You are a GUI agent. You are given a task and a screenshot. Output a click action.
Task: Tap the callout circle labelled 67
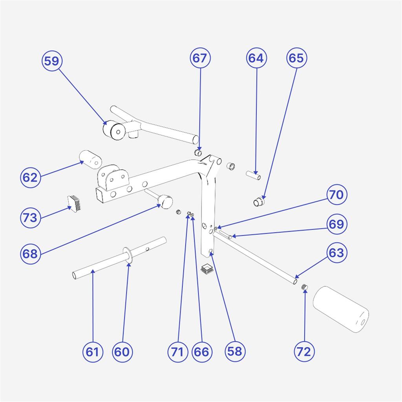[201, 58]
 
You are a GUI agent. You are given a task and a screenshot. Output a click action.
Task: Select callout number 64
[256, 58]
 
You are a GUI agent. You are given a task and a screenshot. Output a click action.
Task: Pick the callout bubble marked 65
[296, 58]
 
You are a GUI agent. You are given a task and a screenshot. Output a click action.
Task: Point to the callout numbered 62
[30, 177]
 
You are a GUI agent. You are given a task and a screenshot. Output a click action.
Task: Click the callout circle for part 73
[30, 217]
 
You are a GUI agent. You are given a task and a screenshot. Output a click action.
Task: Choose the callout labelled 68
[30, 254]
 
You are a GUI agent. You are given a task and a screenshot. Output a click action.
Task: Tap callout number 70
[337, 195]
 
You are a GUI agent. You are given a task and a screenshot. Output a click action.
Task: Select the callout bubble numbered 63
[336, 253]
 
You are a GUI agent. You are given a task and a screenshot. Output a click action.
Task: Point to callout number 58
[235, 351]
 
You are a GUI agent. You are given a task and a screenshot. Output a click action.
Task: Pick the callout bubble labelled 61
[93, 351]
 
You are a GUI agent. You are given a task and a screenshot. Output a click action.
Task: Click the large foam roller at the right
[341, 310]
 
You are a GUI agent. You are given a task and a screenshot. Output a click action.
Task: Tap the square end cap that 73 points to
[75, 202]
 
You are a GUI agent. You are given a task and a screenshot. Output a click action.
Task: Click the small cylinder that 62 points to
[90, 158]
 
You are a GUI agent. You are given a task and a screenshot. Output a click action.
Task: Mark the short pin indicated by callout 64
[253, 175]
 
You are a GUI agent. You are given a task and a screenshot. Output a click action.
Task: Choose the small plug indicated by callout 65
[258, 202]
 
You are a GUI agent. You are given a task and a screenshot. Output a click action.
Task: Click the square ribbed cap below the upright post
[207, 269]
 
